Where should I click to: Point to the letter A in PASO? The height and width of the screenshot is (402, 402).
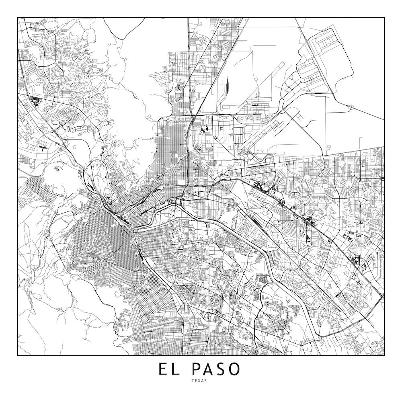click(209, 369)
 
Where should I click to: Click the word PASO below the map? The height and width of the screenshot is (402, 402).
click(216, 369)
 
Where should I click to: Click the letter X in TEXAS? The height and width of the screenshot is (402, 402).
click(201, 381)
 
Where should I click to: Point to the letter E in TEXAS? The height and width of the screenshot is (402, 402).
click(197, 381)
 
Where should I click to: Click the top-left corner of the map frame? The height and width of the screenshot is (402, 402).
click(18, 18)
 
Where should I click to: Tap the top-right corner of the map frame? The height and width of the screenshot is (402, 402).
click(384, 18)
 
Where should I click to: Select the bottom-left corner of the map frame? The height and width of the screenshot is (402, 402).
click(18, 355)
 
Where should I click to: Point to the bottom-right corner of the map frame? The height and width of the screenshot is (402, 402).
click(384, 355)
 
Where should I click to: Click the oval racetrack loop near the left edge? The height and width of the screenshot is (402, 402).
click(42, 144)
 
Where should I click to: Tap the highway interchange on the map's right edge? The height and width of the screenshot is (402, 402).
click(381, 297)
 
